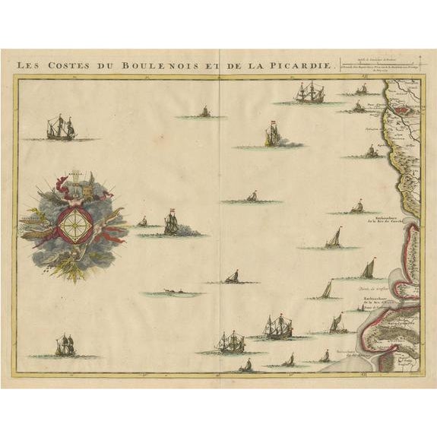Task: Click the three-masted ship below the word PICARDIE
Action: click(309, 93)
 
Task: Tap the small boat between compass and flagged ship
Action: click(142, 222)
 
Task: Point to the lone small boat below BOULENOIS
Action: click(204, 112)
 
